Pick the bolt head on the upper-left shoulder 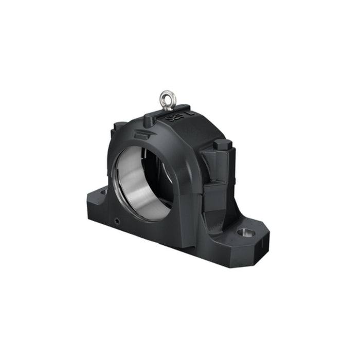118,124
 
